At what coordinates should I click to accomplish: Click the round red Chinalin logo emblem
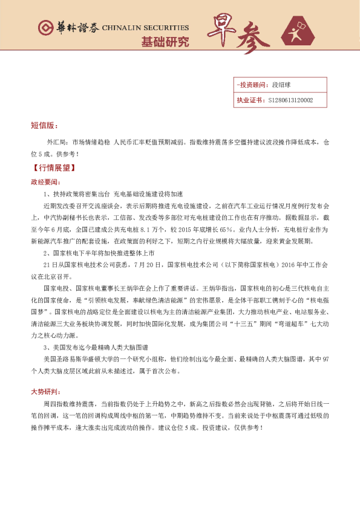(x=44, y=28)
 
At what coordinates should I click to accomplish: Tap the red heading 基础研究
(x=165, y=42)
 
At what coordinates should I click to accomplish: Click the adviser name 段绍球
(x=282, y=85)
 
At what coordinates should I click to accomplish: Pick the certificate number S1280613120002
(x=290, y=100)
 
